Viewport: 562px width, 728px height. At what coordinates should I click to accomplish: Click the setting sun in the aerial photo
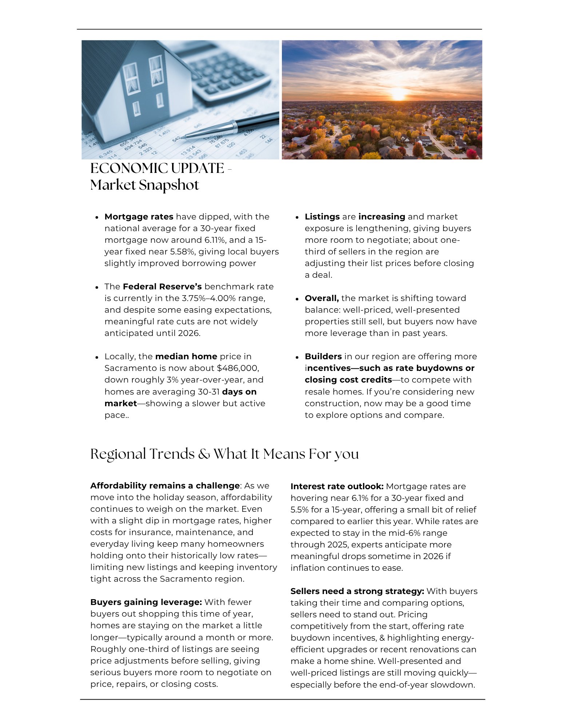(398, 94)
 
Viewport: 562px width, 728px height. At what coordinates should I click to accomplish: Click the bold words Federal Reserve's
(162, 286)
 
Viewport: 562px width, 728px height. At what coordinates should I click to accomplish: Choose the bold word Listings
(322, 217)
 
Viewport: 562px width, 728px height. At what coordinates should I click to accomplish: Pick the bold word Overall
(322, 298)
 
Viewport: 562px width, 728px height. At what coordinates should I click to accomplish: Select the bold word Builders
(323, 356)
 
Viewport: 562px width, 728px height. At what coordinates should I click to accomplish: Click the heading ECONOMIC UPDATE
(157, 169)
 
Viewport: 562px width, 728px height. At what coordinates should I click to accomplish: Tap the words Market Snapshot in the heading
(144, 185)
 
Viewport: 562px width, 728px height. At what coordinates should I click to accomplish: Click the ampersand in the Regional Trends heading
(204, 454)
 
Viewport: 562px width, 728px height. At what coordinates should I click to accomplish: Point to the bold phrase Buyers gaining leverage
(146, 602)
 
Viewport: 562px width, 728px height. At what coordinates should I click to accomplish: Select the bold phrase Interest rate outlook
(337, 486)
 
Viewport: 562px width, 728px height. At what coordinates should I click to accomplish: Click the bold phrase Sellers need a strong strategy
(357, 591)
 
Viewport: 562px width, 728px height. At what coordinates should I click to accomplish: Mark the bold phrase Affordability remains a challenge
(165, 486)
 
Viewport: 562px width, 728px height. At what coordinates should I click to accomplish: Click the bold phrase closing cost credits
(348, 380)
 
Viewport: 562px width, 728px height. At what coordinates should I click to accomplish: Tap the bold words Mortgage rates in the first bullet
(139, 217)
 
